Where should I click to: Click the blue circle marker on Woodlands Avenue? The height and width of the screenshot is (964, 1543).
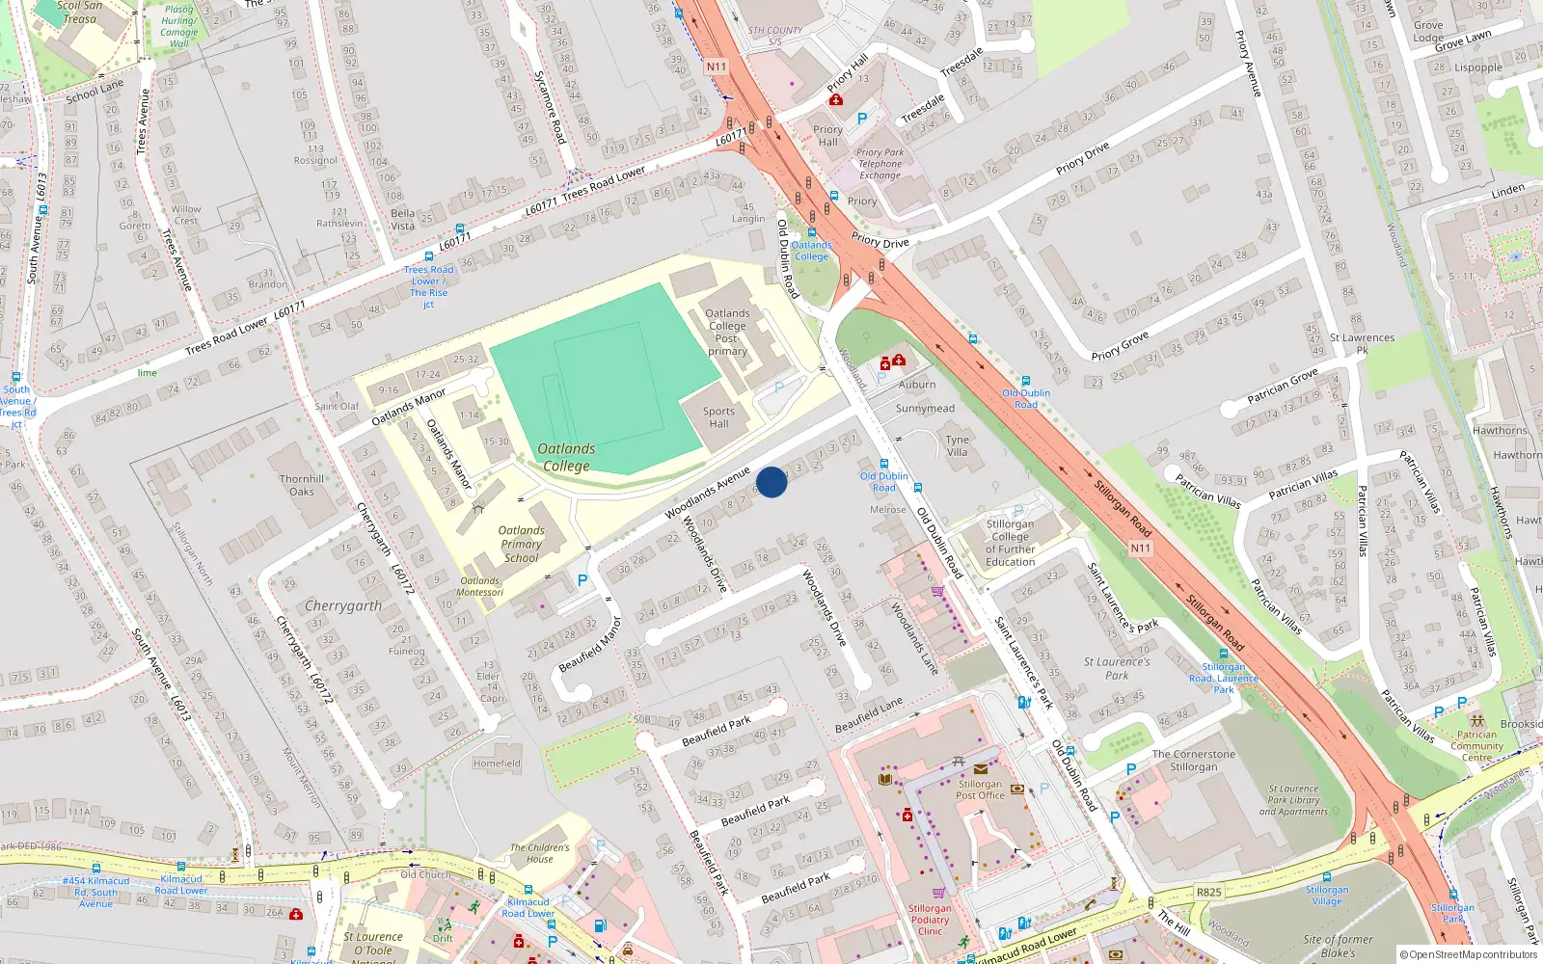pyautogui.click(x=771, y=482)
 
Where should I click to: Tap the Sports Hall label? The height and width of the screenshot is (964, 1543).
pyautogui.click(x=718, y=417)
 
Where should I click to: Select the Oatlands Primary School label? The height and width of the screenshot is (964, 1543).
pyautogui.click(x=521, y=544)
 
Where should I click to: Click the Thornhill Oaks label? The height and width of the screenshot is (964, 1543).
pyautogui.click(x=302, y=485)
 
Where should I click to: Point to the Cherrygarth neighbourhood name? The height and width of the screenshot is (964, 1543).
pyautogui.click(x=343, y=606)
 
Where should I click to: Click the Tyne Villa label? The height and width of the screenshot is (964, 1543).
pyautogui.click(x=957, y=445)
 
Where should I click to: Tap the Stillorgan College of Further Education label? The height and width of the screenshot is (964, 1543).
pyautogui.click(x=1010, y=543)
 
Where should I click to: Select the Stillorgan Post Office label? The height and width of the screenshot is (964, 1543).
pyautogui.click(x=980, y=790)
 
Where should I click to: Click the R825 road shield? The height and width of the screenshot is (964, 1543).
pyautogui.click(x=1209, y=893)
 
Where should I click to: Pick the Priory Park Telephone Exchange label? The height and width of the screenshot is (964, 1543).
pyautogui.click(x=880, y=164)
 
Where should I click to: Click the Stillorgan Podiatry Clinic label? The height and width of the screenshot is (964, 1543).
pyautogui.click(x=930, y=920)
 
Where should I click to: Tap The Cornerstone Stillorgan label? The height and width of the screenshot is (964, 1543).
pyautogui.click(x=1193, y=761)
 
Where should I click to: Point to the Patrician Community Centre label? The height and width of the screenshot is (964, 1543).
pyautogui.click(x=1476, y=746)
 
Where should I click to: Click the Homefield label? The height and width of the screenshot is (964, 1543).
pyautogui.click(x=497, y=763)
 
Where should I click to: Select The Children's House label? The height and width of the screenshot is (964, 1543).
pyautogui.click(x=540, y=853)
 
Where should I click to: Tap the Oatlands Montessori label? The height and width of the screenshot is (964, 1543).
pyautogui.click(x=480, y=586)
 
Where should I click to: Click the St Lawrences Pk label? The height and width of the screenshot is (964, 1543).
pyautogui.click(x=1362, y=343)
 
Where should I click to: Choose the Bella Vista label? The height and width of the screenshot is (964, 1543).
pyautogui.click(x=403, y=220)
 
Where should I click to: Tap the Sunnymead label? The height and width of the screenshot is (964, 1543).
pyautogui.click(x=925, y=409)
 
